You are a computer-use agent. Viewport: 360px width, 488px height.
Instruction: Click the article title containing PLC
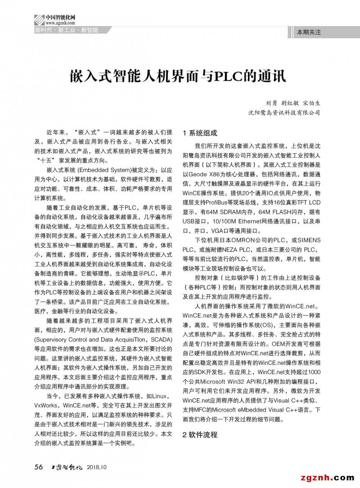click(177, 75)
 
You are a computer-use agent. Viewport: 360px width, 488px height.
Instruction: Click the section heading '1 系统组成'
click(200, 133)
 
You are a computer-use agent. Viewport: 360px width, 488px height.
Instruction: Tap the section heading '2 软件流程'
click(200, 435)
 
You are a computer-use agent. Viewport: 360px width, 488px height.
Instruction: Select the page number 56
click(39, 467)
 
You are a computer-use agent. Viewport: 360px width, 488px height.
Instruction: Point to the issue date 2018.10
click(97, 467)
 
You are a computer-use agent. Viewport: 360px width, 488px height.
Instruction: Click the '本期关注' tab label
click(309, 32)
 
